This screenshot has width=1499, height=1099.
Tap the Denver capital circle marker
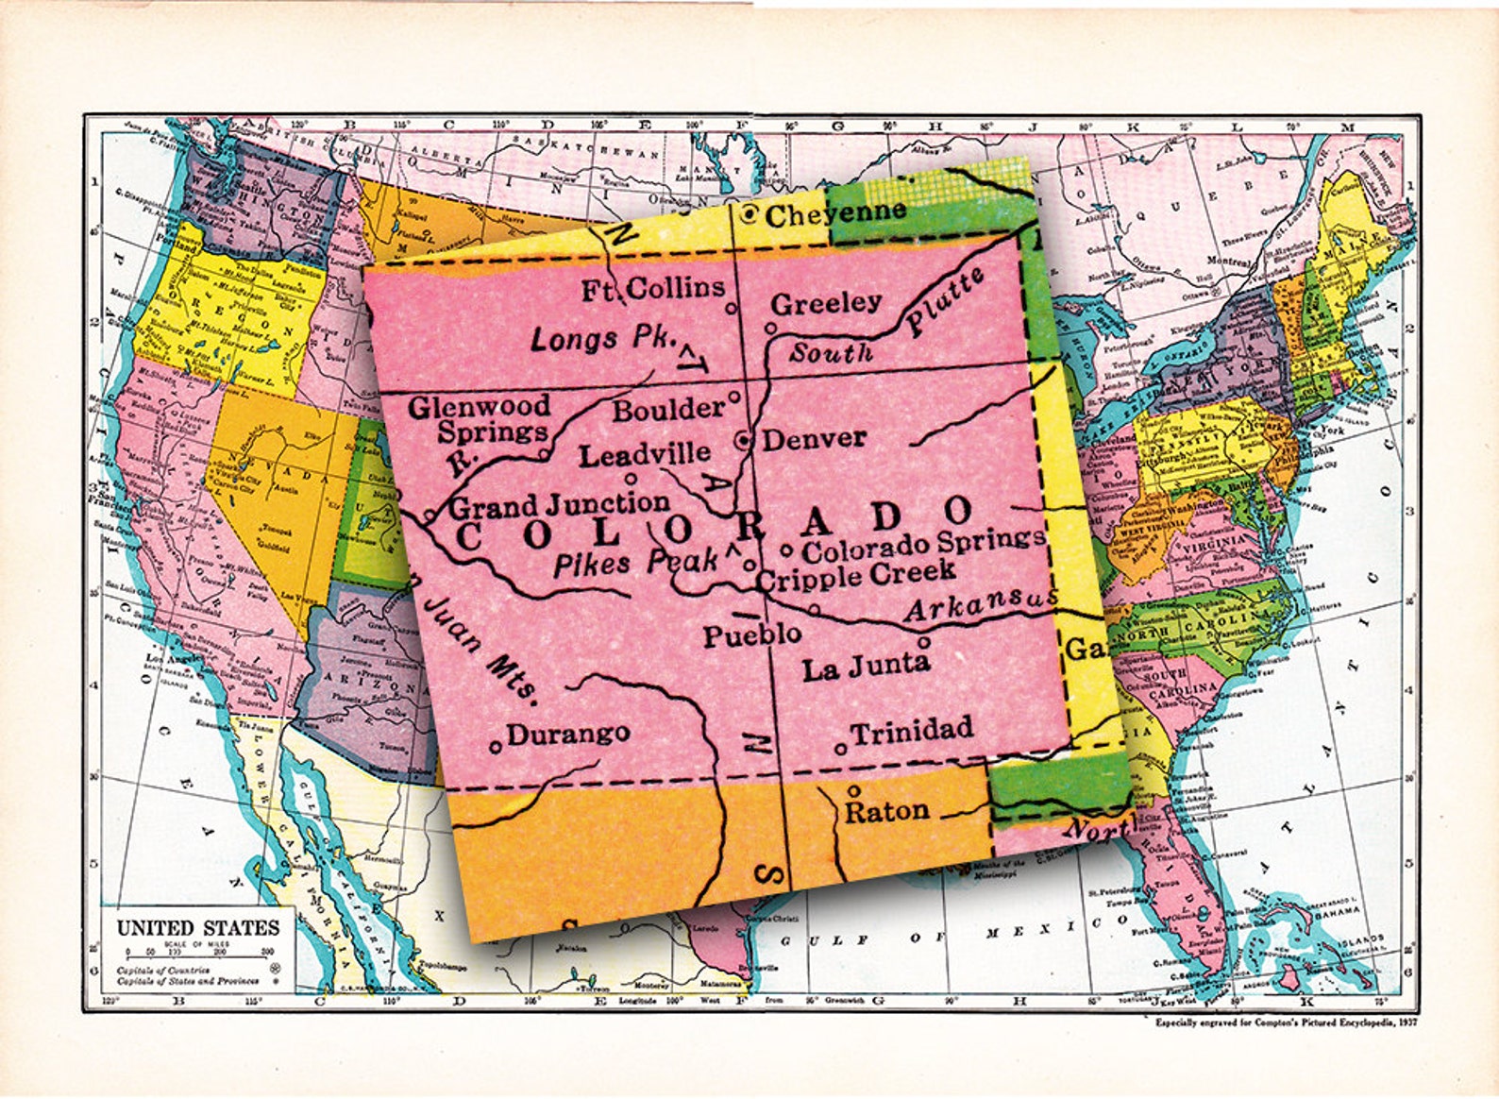point(744,440)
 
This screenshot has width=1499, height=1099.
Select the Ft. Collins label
point(653,289)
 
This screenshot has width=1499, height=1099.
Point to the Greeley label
point(826,304)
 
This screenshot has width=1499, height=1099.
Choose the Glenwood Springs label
point(480,419)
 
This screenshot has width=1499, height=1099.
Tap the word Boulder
point(668,410)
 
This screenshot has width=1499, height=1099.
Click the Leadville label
point(644,455)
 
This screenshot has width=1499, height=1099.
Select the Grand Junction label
point(560,505)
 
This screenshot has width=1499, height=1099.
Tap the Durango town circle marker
point(496,746)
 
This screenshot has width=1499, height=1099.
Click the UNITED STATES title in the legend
point(198,927)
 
